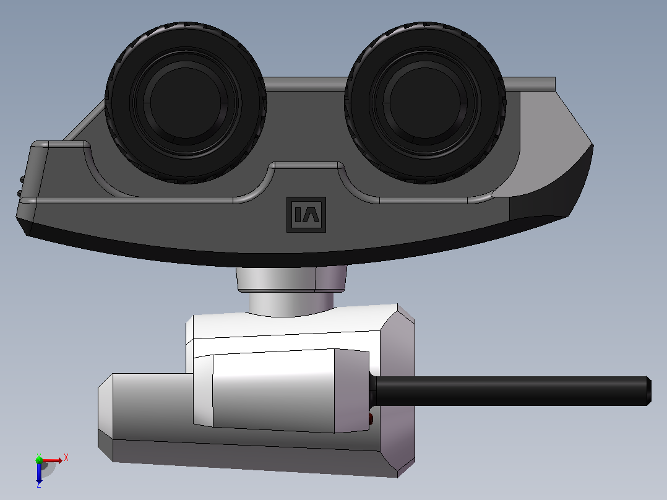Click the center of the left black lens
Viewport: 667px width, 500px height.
tap(186, 103)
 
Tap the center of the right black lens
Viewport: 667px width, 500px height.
tap(426, 103)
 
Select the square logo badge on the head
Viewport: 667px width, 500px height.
tap(306, 215)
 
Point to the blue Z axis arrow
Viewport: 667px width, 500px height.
tap(39, 472)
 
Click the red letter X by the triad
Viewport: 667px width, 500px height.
tap(66, 458)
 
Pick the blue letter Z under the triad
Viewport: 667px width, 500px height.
tap(39, 485)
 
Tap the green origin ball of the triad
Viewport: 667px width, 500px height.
tap(39, 460)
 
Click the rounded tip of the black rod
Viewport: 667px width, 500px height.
tap(648, 390)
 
